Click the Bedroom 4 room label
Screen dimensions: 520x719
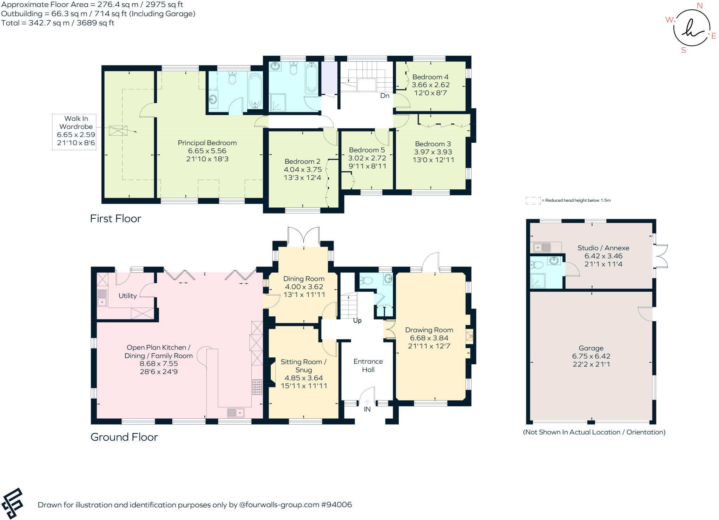point(430,77)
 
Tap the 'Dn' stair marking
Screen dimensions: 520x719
point(385,96)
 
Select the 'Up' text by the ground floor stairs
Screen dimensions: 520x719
point(357,320)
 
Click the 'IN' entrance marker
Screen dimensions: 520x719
point(367,409)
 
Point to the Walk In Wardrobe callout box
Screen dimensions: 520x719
point(74,132)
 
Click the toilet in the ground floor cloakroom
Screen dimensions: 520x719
point(366,281)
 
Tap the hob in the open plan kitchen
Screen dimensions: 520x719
point(257,387)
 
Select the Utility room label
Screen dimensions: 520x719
point(127,296)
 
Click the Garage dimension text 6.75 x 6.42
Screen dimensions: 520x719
point(591,356)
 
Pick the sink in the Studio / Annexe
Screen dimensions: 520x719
point(542,248)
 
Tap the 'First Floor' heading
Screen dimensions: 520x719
point(116,218)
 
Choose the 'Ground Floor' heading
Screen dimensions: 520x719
point(124,437)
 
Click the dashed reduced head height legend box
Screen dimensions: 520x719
point(533,201)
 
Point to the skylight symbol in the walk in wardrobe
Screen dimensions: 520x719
point(118,130)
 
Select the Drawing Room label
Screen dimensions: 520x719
point(429,330)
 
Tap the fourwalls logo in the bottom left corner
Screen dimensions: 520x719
point(13,503)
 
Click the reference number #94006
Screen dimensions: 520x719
point(336,505)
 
